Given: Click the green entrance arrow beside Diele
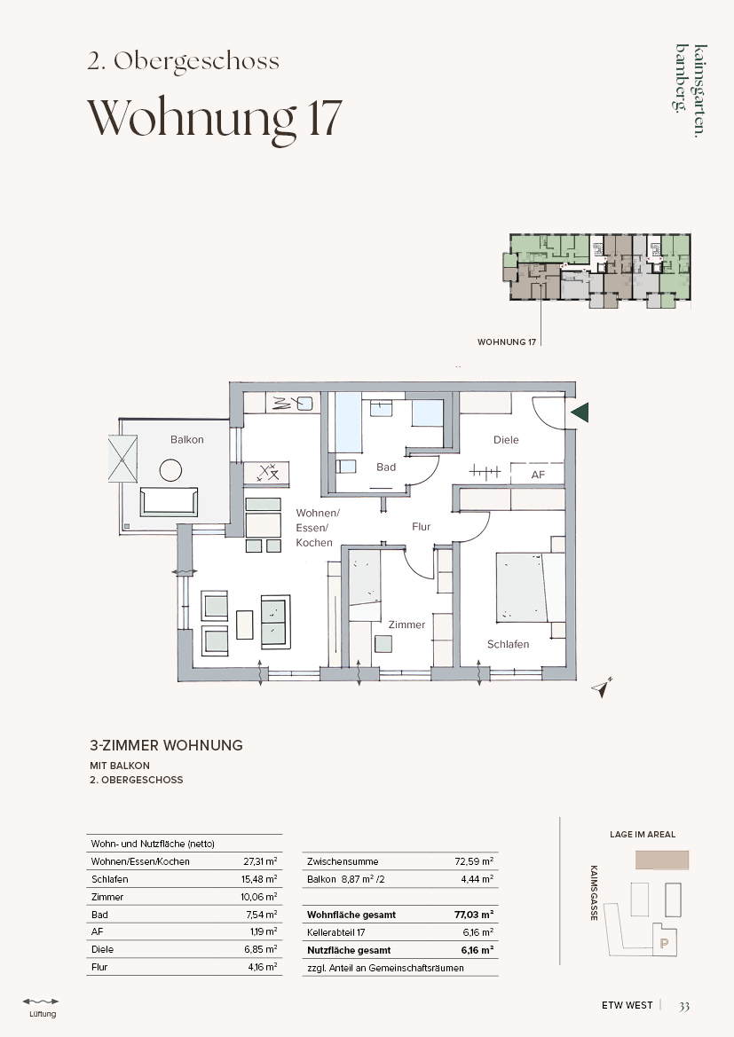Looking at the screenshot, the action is [x=580, y=412].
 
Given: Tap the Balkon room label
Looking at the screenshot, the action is [x=186, y=439].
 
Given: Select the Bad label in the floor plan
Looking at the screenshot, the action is [x=386, y=467].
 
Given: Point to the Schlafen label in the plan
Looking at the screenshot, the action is [x=508, y=644].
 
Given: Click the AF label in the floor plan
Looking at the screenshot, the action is [x=538, y=475].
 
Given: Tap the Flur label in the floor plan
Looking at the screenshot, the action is [x=421, y=526].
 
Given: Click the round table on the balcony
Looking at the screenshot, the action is [x=170, y=470].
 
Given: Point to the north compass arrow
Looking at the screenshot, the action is [x=603, y=688].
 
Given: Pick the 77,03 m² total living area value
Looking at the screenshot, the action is [x=474, y=915].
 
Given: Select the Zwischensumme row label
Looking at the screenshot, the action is [x=343, y=861].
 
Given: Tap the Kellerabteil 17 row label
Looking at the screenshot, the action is [x=336, y=932].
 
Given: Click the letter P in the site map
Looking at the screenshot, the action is [x=665, y=944].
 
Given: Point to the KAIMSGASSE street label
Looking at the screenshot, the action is [x=594, y=892].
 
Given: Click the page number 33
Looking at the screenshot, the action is [x=684, y=1006].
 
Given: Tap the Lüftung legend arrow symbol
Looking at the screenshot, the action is [x=41, y=1002].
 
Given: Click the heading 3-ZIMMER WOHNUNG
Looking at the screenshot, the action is [x=166, y=745].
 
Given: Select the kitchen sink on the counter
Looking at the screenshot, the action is [x=304, y=403].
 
